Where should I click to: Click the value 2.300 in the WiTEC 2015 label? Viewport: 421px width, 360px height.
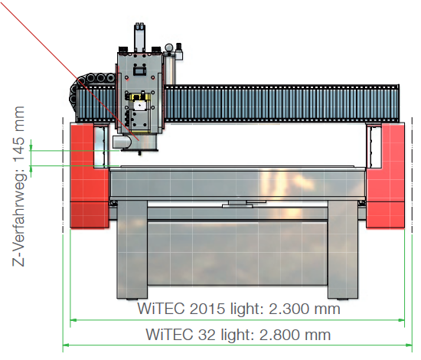[x=289, y=309]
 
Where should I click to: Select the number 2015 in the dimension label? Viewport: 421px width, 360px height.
[x=207, y=309]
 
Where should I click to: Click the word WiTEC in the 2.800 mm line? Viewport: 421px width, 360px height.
[x=169, y=335]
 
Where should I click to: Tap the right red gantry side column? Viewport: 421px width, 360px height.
[x=385, y=176]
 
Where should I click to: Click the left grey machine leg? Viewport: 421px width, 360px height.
[x=132, y=250]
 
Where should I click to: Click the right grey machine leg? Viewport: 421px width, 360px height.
[x=343, y=250]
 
